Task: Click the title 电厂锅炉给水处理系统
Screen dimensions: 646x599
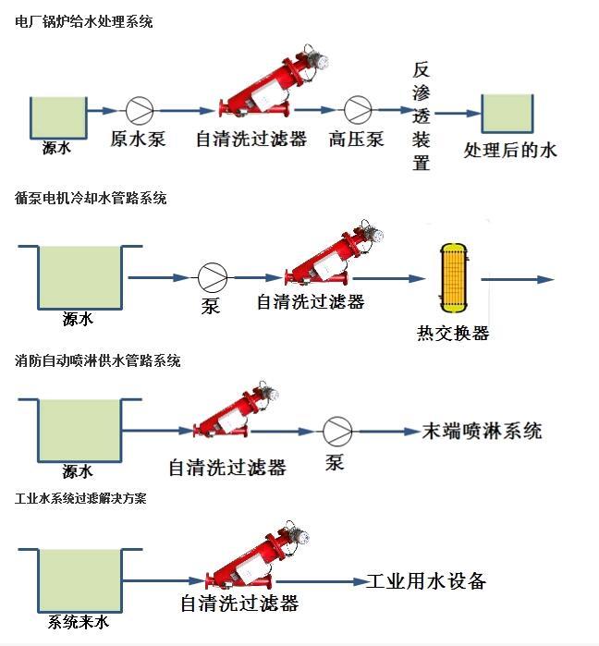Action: pos(84,21)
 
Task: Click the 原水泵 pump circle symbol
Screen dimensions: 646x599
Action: pos(140,109)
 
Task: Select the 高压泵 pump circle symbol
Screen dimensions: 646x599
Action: pos(357,109)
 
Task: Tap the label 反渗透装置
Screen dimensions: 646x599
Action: pos(422,117)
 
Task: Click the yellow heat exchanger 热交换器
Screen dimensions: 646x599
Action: pos(452,277)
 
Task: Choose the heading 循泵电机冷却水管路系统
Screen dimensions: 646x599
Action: pos(91,198)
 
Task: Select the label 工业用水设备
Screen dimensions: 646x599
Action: pos(426,581)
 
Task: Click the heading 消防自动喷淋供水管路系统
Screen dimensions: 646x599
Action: pos(98,360)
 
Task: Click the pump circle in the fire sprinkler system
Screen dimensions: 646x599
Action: pos(335,431)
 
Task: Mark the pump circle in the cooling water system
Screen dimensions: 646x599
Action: pos(212,276)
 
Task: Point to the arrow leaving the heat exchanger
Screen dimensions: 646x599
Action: pos(517,278)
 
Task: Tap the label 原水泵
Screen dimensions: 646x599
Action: pos(138,140)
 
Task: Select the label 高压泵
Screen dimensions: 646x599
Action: pos(356,140)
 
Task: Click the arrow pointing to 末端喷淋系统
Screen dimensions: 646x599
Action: pos(388,431)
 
